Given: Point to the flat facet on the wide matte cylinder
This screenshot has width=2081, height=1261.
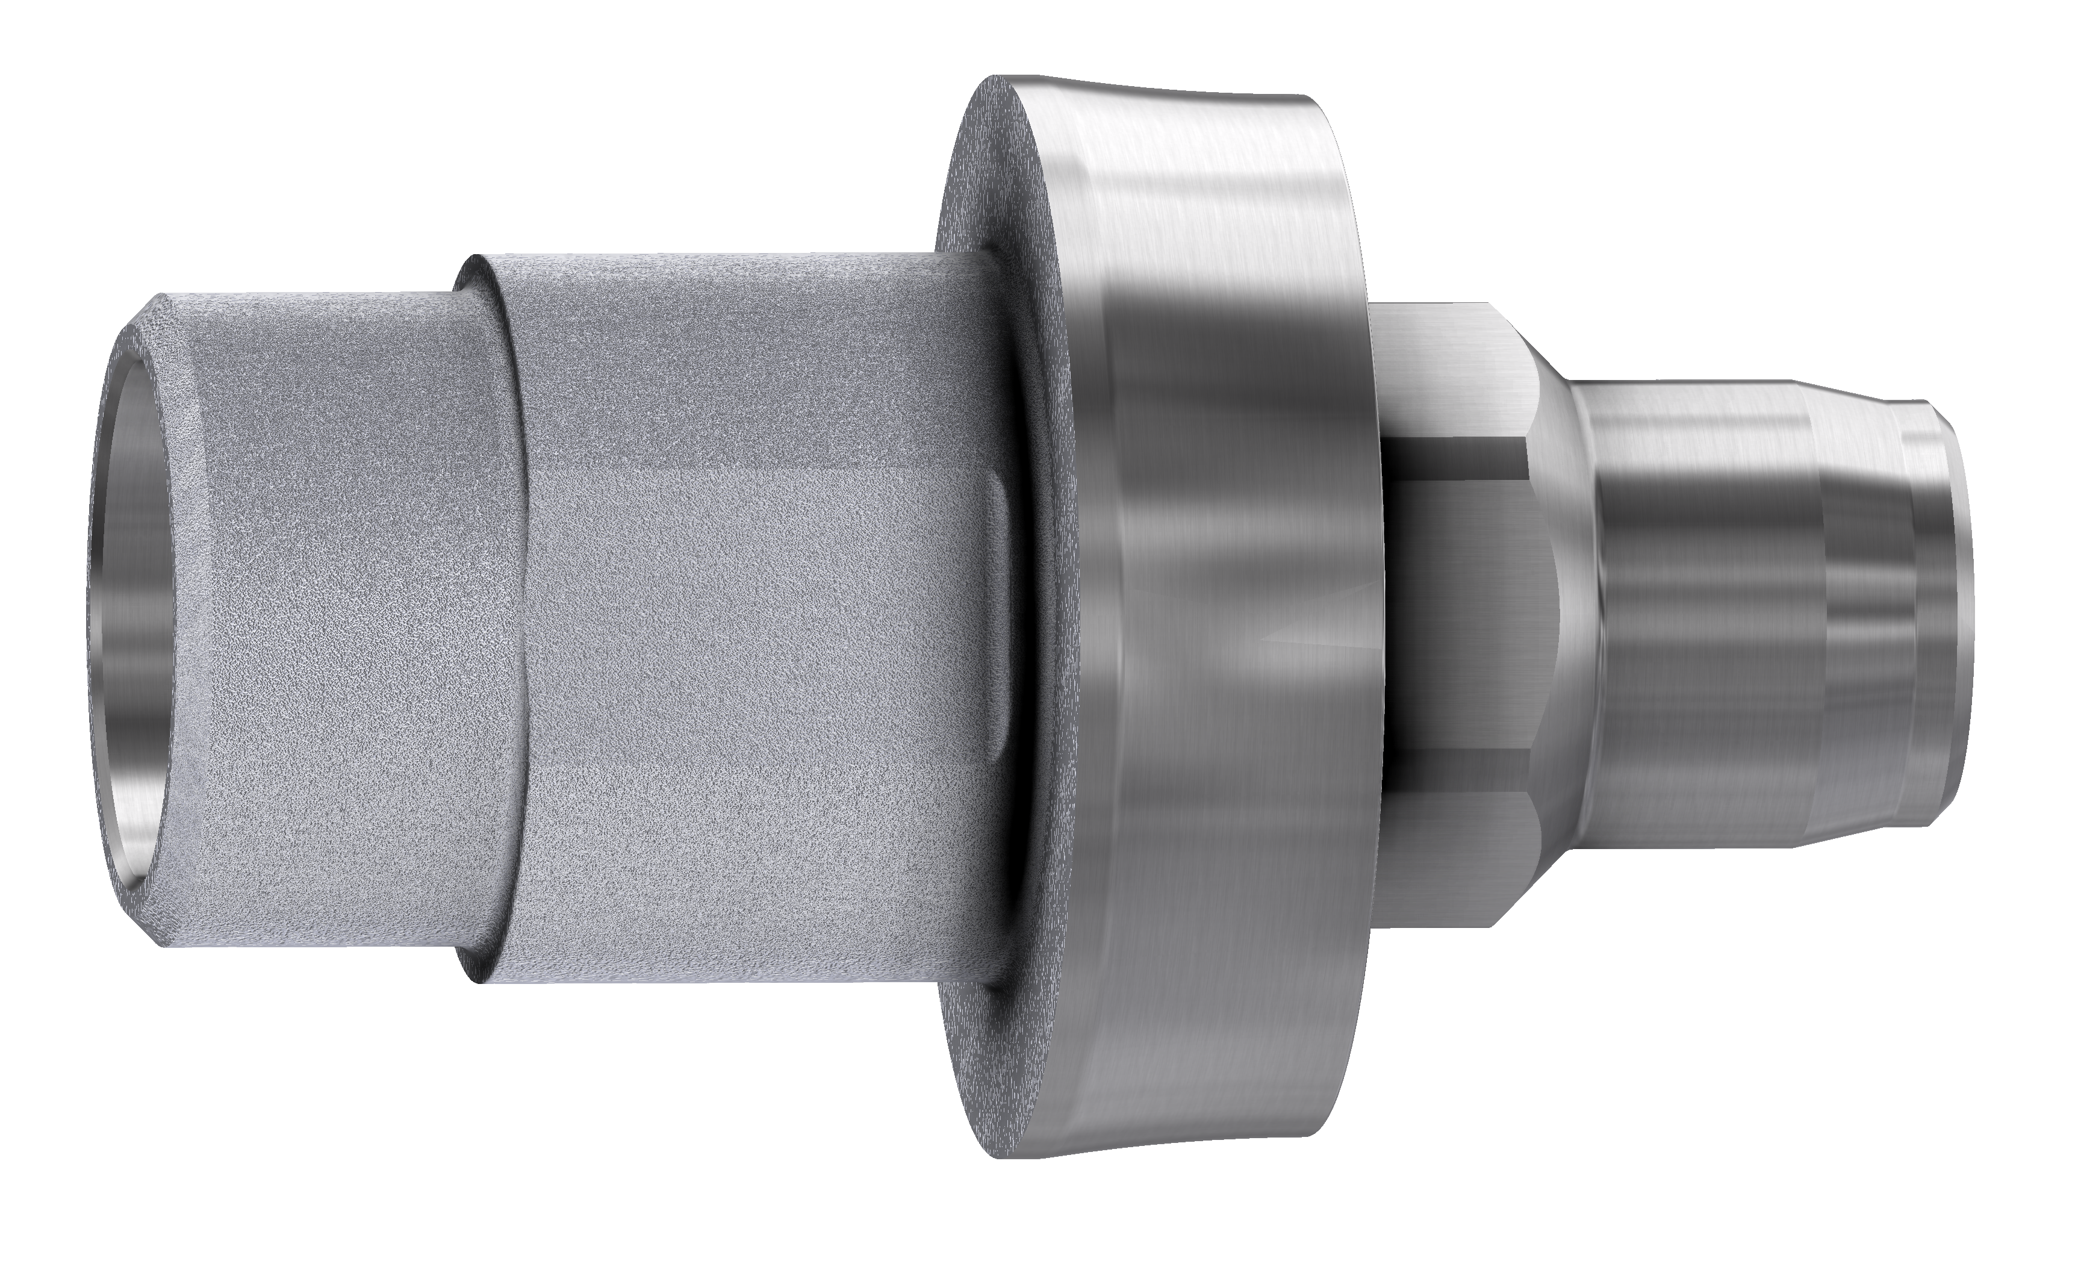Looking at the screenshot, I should [x=760, y=625].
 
